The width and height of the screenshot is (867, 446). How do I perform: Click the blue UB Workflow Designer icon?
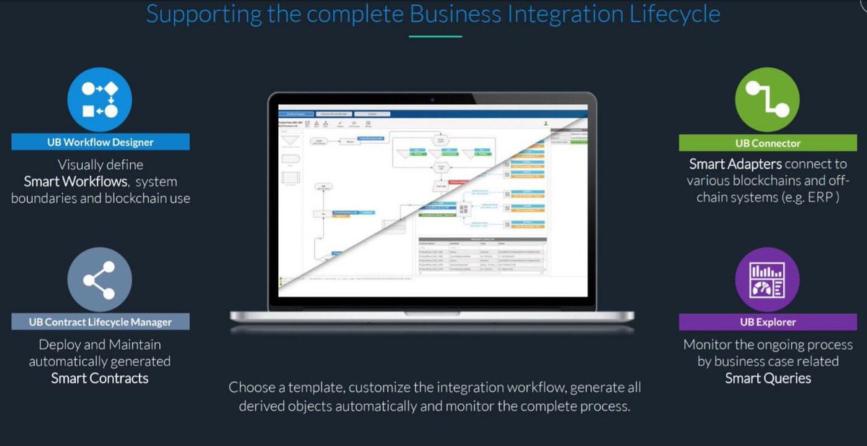click(100, 99)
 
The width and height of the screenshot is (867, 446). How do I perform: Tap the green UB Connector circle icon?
click(767, 99)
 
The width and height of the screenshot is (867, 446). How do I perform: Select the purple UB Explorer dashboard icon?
click(767, 279)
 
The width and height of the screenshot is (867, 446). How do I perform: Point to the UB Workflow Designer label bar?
click(100, 142)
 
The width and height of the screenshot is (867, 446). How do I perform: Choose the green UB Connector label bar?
click(767, 142)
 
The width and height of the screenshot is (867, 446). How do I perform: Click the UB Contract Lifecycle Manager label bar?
click(100, 321)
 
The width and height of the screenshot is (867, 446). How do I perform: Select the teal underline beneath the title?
click(435, 35)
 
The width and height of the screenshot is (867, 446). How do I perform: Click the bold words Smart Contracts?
click(100, 378)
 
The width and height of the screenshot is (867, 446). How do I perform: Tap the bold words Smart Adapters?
click(735, 164)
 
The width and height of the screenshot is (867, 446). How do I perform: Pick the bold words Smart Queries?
click(767, 378)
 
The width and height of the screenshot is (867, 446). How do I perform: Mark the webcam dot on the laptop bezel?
click(432, 99)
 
